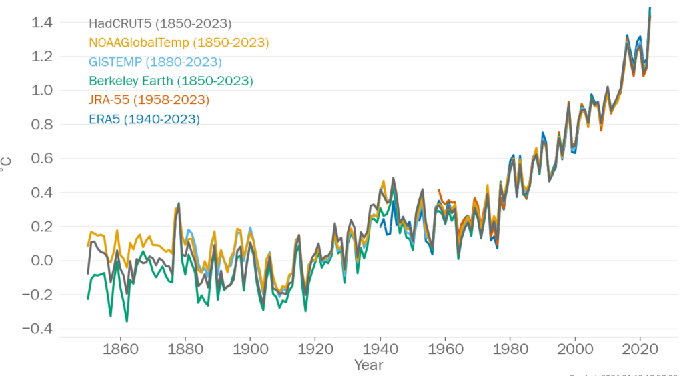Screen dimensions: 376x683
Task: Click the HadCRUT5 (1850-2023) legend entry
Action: [160, 24]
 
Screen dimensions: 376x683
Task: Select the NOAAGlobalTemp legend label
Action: [179, 43]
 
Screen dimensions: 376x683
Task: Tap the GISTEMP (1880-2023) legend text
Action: [155, 62]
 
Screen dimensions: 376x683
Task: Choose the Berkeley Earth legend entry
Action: [171, 81]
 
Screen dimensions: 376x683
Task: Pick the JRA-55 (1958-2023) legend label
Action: [149, 100]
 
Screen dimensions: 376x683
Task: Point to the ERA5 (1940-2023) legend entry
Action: [144, 119]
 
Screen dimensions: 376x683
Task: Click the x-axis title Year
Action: [369, 365]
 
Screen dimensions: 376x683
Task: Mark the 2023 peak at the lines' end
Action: [650, 9]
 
